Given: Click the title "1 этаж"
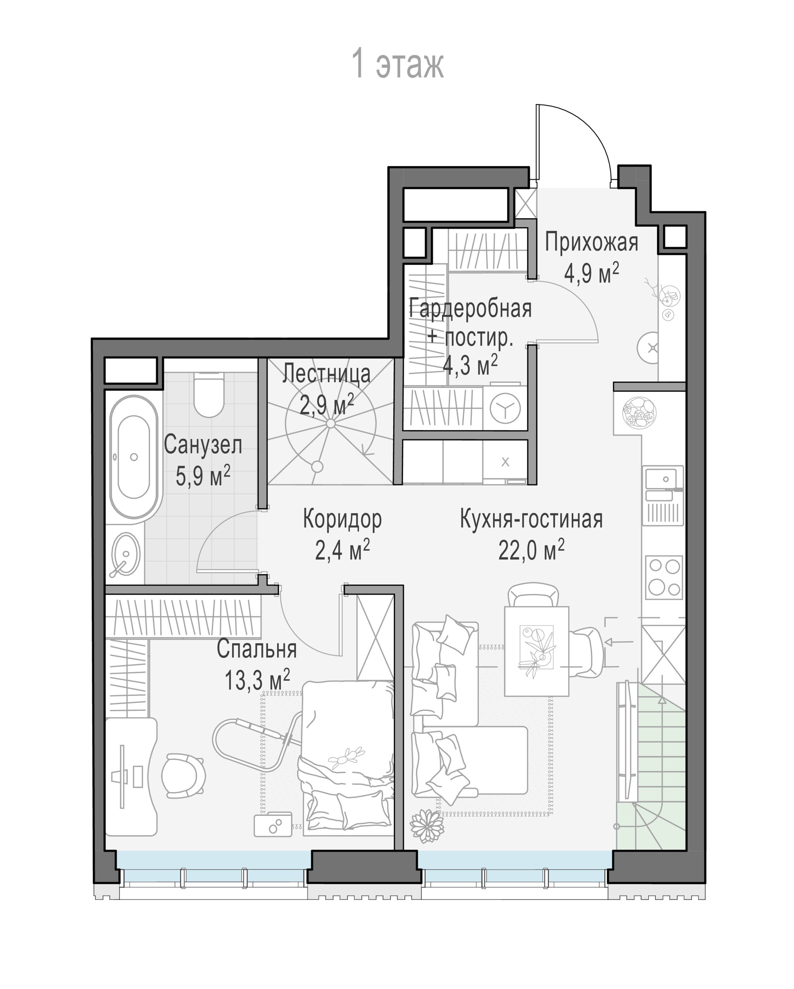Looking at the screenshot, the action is click(397, 64).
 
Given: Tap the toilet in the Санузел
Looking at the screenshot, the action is click(209, 394).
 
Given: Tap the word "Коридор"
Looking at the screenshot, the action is click(342, 520).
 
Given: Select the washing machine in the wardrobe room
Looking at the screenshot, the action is click(505, 408).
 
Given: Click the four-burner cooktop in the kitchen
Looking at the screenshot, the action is click(664, 578).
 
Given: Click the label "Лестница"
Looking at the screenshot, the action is click(326, 374).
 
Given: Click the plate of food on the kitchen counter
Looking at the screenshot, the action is click(639, 412).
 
